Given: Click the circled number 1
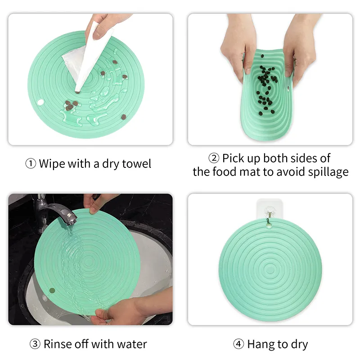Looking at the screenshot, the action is [x=31, y=164].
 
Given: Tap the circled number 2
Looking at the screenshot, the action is [x=214, y=158].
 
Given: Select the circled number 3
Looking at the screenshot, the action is [x=35, y=344].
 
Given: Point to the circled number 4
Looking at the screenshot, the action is [x=238, y=344].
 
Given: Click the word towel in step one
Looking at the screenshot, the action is [x=137, y=164].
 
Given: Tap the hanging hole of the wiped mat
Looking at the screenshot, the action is [x=40, y=102].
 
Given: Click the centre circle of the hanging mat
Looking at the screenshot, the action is [x=269, y=268].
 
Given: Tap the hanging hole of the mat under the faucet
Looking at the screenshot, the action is [x=52, y=291].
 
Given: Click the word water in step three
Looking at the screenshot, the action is [x=132, y=344].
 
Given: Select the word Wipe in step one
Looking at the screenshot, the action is [x=52, y=164].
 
